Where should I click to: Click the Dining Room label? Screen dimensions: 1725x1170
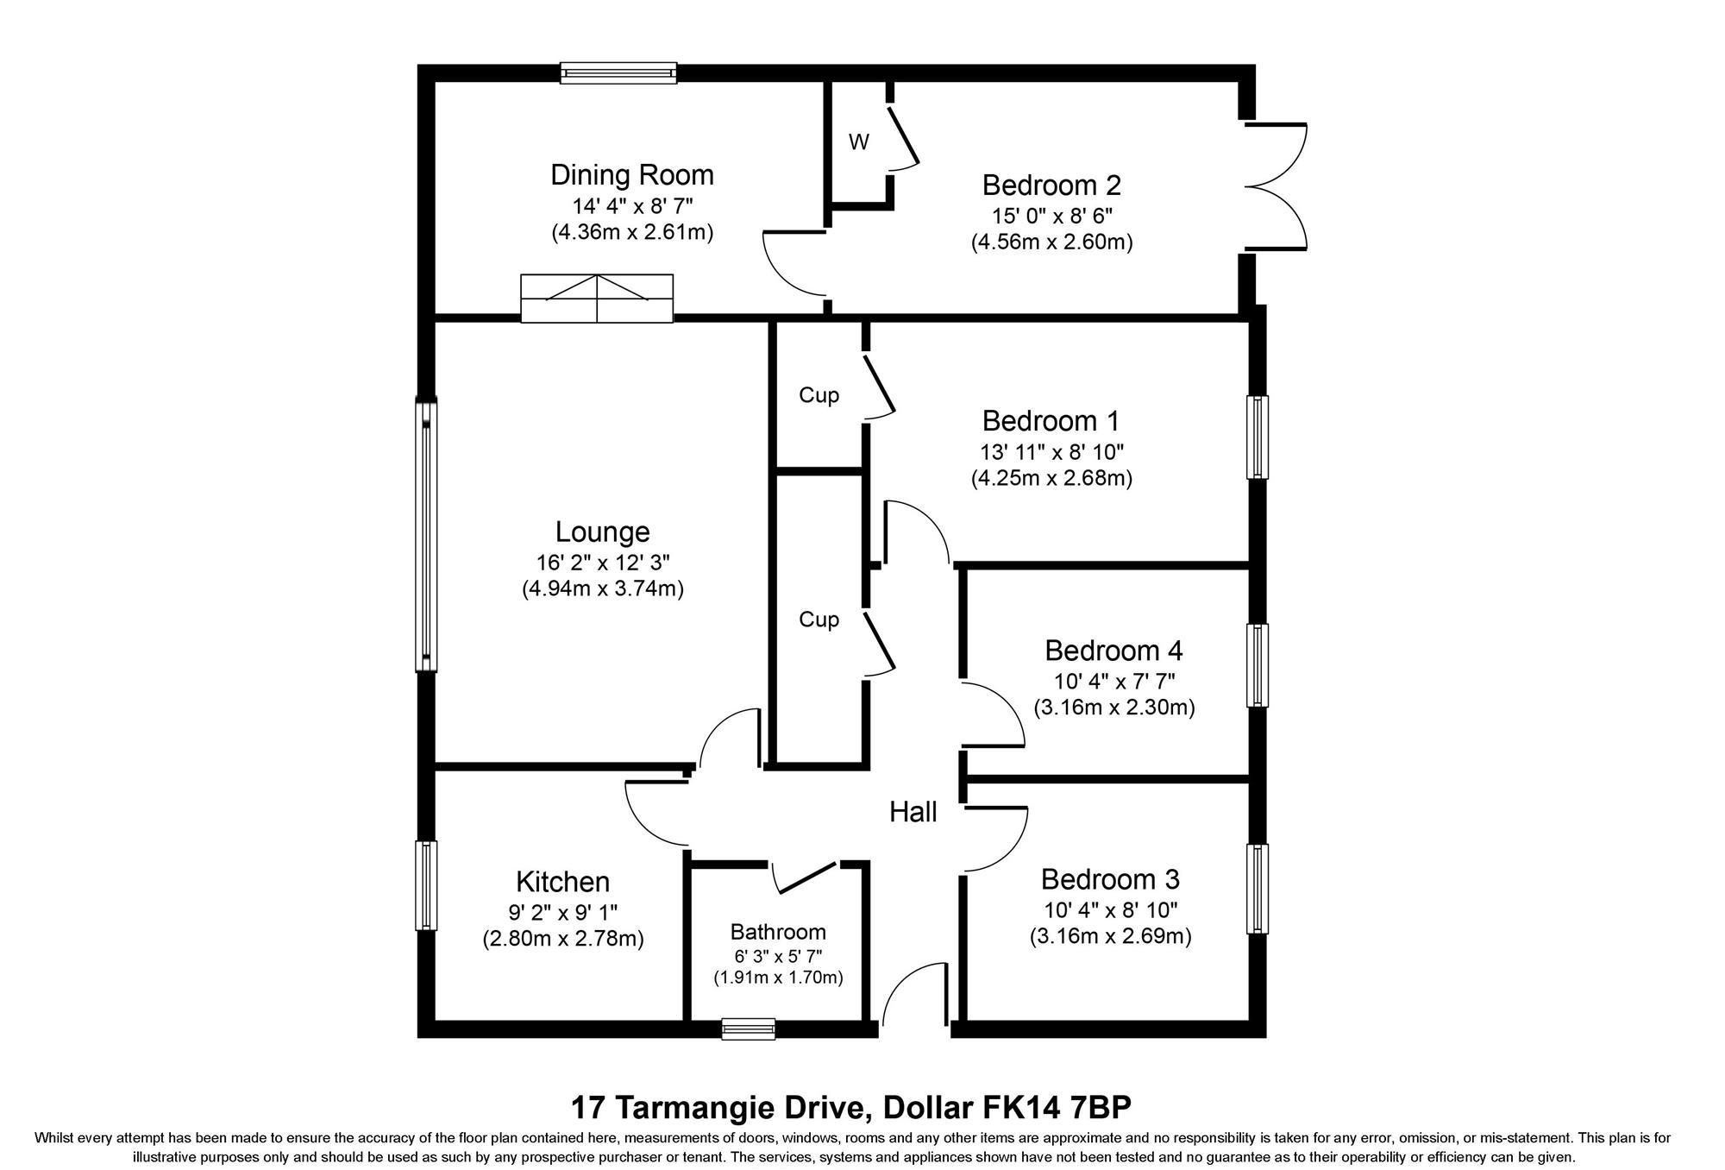pos(632,175)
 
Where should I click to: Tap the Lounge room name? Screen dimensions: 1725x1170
pos(602,532)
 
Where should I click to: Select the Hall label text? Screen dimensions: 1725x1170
pos(913,812)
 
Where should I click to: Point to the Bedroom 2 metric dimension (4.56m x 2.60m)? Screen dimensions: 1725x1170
pos(1051,242)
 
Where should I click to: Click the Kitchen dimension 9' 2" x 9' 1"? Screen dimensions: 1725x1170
pos(563,911)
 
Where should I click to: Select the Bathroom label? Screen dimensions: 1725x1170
pos(778,932)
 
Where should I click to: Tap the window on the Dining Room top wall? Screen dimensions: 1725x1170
pos(618,73)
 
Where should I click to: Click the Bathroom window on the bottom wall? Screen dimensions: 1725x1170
pos(749,1028)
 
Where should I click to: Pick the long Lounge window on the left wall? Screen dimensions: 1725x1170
pos(426,535)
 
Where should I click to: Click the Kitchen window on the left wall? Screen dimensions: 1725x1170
pos(426,885)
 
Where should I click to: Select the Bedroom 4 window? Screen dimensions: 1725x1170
pos(1259,665)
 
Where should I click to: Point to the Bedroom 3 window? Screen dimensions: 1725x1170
pos(1259,889)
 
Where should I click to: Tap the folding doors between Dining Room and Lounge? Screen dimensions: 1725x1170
pos(597,299)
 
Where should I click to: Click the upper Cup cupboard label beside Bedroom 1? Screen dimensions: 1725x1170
pos(819,395)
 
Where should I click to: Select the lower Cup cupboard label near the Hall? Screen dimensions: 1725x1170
pos(819,620)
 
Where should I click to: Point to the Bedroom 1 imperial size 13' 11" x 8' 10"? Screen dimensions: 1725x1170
pos(1051,451)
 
